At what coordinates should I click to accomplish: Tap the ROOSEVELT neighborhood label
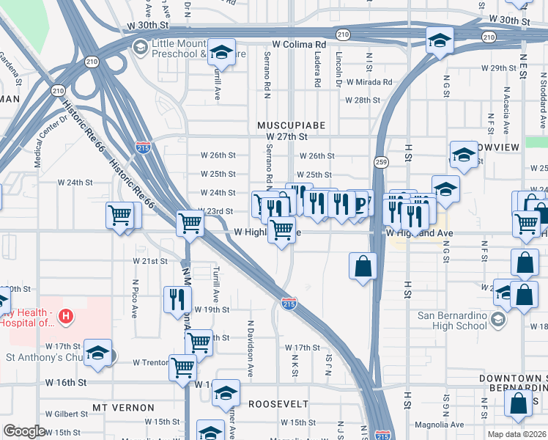(278, 404)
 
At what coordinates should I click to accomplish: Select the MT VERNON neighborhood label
(123, 407)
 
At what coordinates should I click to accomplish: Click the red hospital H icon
(67, 317)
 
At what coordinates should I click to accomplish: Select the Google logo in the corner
(24, 431)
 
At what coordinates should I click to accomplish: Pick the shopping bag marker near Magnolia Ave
(518, 402)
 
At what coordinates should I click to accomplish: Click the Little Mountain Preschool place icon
(139, 47)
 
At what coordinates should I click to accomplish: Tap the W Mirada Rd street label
(369, 82)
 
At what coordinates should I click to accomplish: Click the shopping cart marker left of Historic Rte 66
(119, 216)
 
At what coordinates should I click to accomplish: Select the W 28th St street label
(362, 100)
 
